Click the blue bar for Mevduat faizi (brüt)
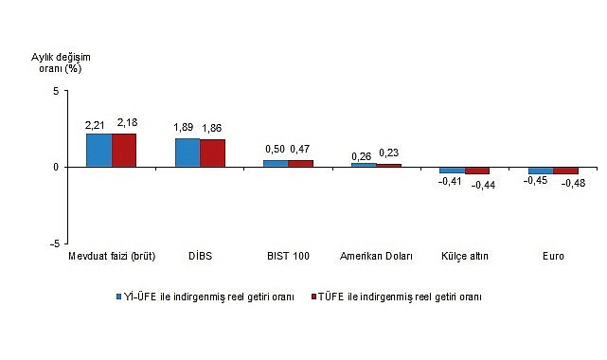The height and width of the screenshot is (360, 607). point(98,150)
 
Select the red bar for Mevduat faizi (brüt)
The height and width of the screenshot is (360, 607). point(124,150)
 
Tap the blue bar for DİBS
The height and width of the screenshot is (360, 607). point(187,153)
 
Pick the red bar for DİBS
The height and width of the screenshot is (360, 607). point(212,153)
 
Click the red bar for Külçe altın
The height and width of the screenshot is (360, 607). point(477,171)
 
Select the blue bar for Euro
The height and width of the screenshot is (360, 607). point(540,171)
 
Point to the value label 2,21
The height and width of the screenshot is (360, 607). point(96,124)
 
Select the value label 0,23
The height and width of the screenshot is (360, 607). point(389,153)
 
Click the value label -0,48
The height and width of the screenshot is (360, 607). point(572,184)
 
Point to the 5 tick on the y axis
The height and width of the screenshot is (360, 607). point(56,91)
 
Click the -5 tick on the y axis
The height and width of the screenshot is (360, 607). point(54,243)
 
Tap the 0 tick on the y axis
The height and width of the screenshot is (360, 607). point(56,167)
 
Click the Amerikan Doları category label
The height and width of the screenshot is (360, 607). point(375,257)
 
